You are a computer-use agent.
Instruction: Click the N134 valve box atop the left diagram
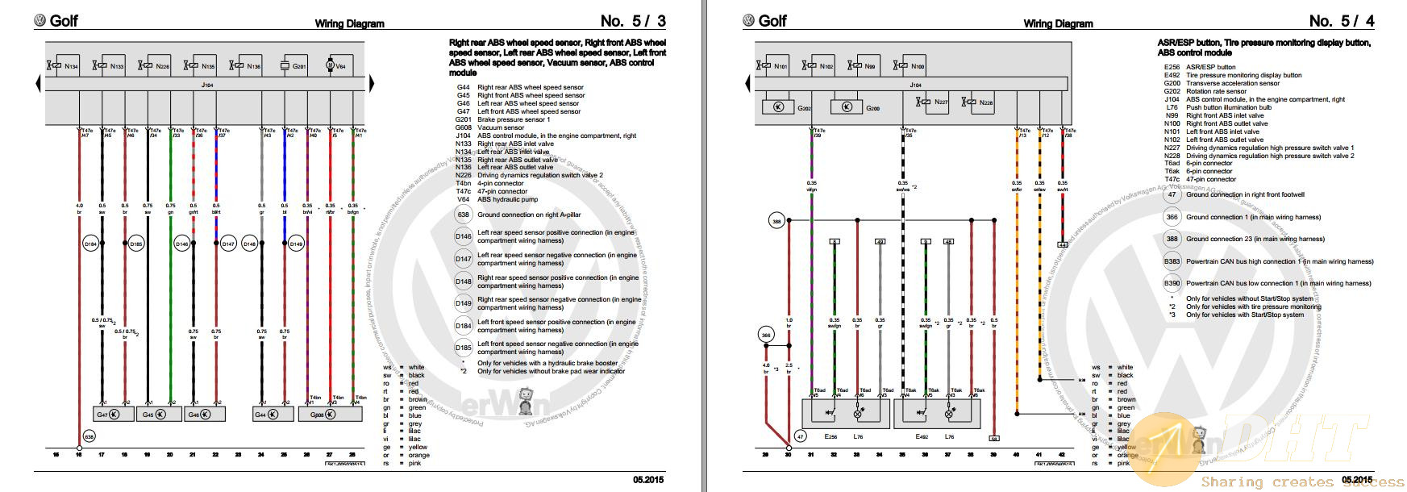[x=64, y=66]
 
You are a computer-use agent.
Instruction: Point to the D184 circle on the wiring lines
[x=89, y=243]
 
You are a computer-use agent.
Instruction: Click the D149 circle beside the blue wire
[x=296, y=244]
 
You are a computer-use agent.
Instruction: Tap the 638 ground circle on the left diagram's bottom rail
[x=89, y=436]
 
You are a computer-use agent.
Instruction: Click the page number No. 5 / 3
[x=633, y=21]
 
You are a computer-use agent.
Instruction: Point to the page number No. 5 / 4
[x=1342, y=21]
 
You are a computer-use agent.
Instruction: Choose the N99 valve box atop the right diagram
[x=865, y=66]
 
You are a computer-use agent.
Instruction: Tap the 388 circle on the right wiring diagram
[x=776, y=219]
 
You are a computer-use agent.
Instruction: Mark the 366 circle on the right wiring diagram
[x=767, y=334]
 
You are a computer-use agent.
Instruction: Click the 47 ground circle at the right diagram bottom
[x=800, y=436]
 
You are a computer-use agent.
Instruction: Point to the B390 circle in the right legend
[x=1172, y=283]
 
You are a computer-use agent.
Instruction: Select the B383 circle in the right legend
[x=1172, y=261]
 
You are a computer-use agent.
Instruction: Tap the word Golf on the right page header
[x=772, y=21]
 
